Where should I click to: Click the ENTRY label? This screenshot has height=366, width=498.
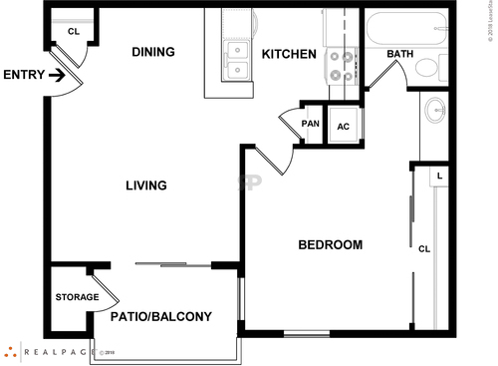(x=23, y=75)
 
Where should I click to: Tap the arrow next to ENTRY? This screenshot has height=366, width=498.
(x=57, y=75)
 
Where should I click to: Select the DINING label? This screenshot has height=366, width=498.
(x=153, y=52)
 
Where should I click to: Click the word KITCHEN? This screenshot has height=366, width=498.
(x=289, y=54)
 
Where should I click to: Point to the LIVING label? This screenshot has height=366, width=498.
(x=145, y=185)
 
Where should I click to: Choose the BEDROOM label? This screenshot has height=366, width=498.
(x=330, y=244)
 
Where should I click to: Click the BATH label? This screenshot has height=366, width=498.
(x=399, y=54)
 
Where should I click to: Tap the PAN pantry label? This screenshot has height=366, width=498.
(x=311, y=124)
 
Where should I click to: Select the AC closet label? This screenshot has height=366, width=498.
(x=344, y=127)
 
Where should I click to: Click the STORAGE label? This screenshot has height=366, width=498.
(x=77, y=297)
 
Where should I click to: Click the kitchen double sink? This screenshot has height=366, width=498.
(x=237, y=60)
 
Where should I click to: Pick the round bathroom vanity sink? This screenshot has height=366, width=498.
(x=435, y=110)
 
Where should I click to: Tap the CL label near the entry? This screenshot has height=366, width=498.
(x=73, y=31)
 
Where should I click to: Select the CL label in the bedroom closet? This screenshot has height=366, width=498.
(x=424, y=248)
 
